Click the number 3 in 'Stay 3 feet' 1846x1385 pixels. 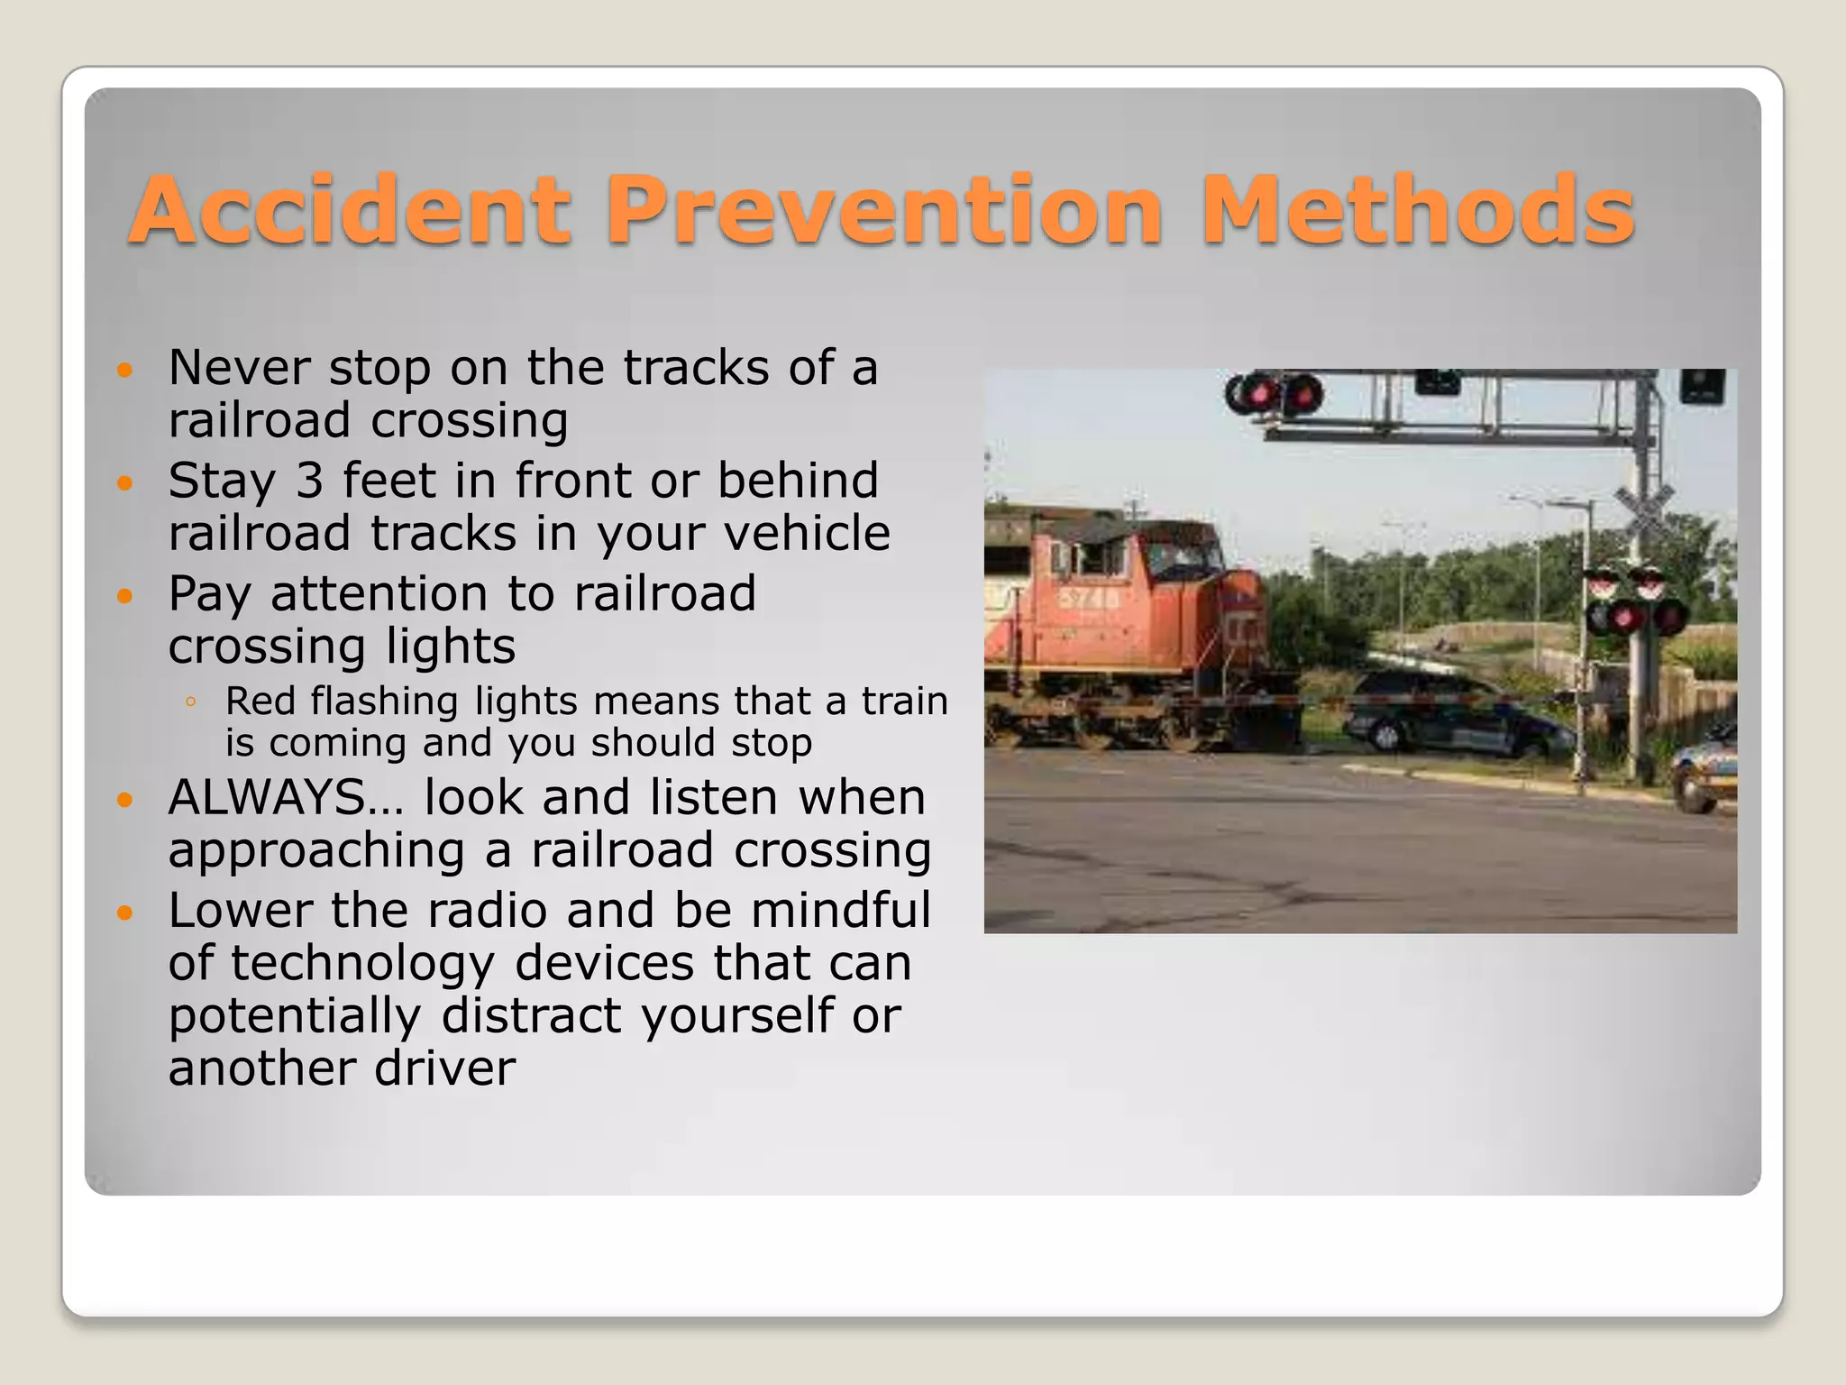309,481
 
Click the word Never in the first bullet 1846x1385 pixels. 237,368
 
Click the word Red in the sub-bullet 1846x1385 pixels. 260,702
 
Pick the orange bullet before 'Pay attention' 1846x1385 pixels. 125,596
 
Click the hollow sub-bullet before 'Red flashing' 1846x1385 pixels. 190,702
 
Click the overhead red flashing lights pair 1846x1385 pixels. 1273,395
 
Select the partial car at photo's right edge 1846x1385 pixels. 1706,772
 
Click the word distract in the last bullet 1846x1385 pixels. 531,1015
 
